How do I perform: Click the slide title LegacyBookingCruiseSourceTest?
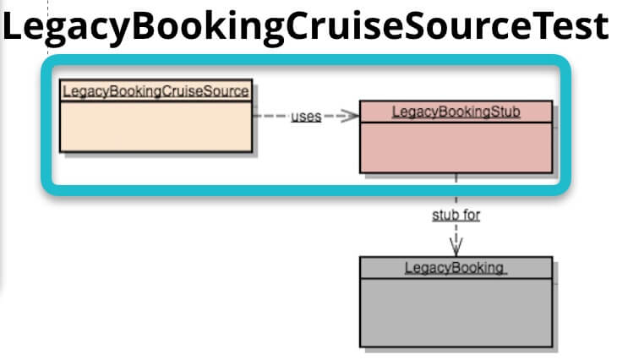click(305, 27)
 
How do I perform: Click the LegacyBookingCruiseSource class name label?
click(156, 91)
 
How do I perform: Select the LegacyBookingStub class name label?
click(456, 112)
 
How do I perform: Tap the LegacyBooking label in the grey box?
click(455, 268)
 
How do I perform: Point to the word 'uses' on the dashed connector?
click(306, 117)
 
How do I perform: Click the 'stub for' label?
click(456, 215)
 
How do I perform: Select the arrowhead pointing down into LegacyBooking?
click(456, 247)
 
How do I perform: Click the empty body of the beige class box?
click(156, 127)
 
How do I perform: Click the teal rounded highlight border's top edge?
click(304, 63)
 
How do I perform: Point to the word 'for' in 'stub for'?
click(471, 215)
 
